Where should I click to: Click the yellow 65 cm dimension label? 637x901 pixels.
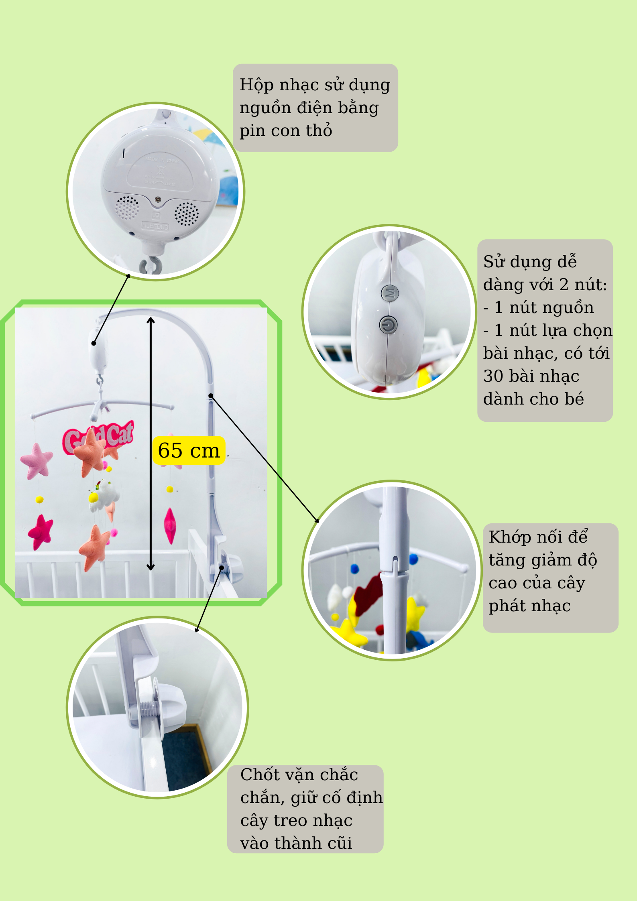point(189,450)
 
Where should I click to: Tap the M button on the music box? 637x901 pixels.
point(390,293)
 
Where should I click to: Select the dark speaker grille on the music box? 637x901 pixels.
point(186,214)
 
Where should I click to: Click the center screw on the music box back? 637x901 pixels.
point(158,199)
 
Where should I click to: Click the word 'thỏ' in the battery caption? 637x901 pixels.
point(319,131)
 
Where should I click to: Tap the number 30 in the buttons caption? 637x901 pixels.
point(493,376)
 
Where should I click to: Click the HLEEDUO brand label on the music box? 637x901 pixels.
point(155,227)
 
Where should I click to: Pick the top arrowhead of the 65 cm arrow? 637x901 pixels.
point(151,320)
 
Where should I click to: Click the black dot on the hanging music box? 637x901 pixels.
point(94,343)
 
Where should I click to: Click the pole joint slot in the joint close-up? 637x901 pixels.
point(395,563)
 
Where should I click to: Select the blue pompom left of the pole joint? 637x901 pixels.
point(354,569)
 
